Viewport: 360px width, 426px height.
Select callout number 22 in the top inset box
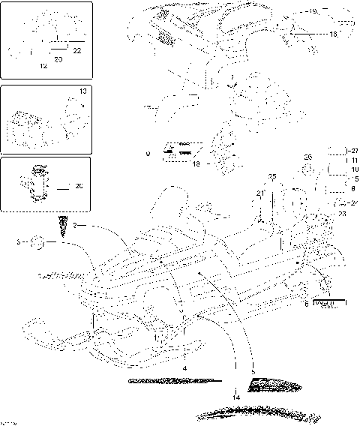pyautogui.click(x=77, y=49)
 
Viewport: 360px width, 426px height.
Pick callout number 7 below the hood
pyautogui.click(x=233, y=78)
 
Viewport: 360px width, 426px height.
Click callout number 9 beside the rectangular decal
pyautogui.click(x=148, y=153)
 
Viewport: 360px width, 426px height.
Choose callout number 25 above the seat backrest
pyautogui.click(x=272, y=176)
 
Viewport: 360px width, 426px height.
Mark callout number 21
pyautogui.click(x=259, y=194)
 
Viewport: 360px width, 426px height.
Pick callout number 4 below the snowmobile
pyautogui.click(x=184, y=367)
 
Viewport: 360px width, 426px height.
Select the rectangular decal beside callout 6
pyautogui.click(x=328, y=304)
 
